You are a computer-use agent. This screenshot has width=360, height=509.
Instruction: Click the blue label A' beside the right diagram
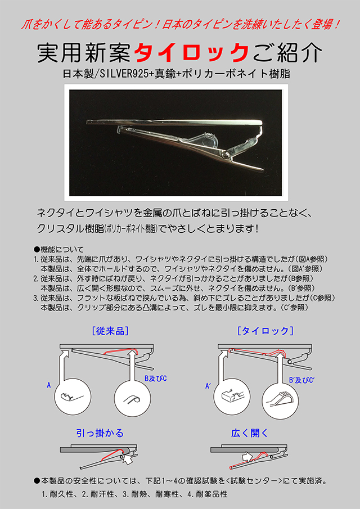208,386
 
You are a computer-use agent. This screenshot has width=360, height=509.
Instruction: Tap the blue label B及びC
155,379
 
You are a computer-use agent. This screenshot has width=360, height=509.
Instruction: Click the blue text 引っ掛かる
100,433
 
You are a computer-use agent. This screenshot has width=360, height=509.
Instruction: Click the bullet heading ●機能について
58,250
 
